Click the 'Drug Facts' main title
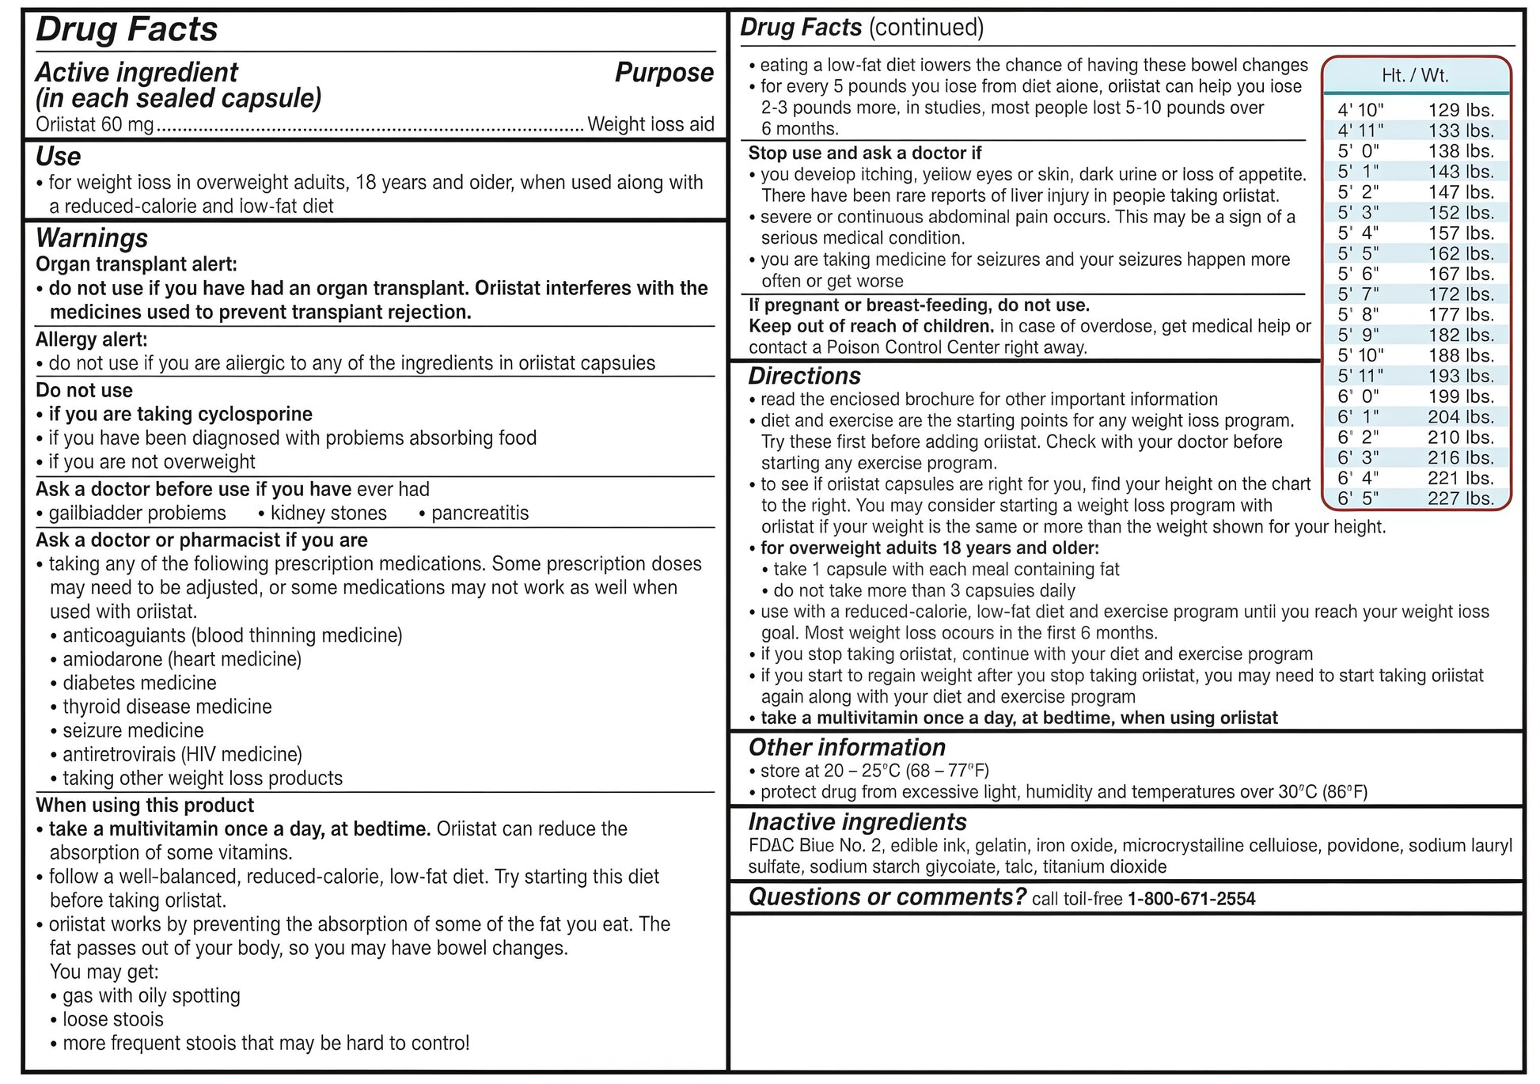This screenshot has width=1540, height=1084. point(127,30)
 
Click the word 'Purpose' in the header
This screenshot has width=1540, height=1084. point(664,73)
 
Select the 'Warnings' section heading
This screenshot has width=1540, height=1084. point(92,238)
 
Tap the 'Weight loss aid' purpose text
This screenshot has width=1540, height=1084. point(651,124)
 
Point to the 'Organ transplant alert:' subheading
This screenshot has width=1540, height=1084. point(136,264)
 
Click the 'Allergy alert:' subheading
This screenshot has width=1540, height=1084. point(92,339)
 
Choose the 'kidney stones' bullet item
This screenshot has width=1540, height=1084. point(328,513)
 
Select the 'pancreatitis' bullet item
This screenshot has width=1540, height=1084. point(480,513)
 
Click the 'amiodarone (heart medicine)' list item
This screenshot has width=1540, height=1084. point(182,659)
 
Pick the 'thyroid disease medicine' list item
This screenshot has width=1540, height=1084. point(167,707)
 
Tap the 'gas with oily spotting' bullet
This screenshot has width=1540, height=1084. point(151,995)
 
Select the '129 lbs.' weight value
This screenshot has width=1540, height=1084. point(1461,111)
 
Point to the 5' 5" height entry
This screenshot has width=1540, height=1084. point(1358,254)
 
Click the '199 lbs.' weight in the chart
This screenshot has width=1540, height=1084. point(1461,396)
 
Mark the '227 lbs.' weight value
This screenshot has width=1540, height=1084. point(1461,498)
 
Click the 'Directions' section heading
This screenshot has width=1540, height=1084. point(804,377)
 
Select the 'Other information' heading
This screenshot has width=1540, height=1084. point(847,748)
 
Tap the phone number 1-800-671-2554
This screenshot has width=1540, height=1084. point(1191,899)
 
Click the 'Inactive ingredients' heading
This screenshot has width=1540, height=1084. point(857,822)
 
